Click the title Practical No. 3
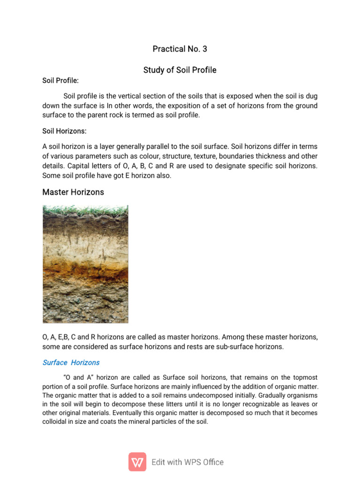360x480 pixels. pos(180,49)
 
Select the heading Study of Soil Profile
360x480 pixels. pos(180,70)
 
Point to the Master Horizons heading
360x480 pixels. pos(73,192)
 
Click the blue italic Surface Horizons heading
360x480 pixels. pos(71,362)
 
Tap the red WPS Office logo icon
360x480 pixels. pos(137,462)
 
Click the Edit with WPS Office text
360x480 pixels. pos(187,462)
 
